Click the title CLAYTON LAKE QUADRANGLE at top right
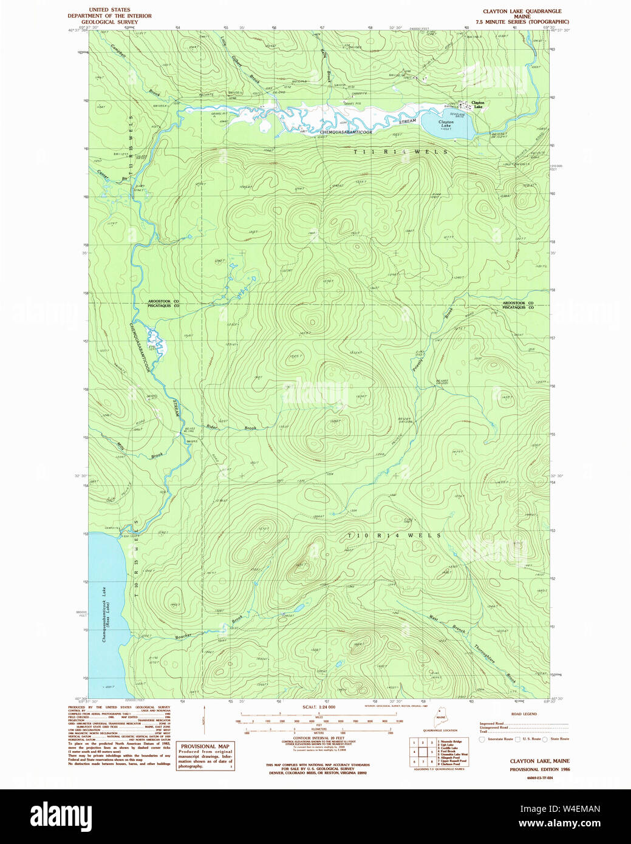522,11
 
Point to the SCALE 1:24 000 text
319,707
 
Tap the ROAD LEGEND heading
524,714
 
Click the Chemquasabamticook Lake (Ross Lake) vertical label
104,614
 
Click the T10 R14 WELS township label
394,536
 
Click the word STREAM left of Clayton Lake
408,121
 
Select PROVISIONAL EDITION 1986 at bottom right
539,769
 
